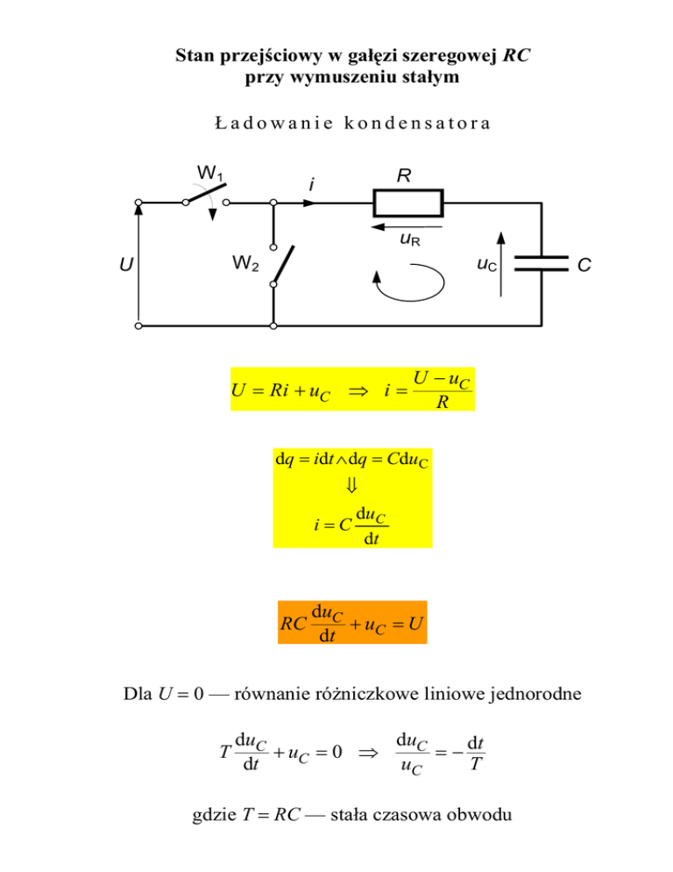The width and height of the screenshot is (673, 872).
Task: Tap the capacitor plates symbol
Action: click(x=542, y=263)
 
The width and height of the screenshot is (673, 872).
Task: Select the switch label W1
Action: click(x=209, y=173)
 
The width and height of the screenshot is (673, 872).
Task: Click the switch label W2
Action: click(x=245, y=262)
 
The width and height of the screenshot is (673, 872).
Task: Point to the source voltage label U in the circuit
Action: click(x=126, y=264)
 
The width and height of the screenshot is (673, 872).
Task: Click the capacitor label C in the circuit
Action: click(x=584, y=265)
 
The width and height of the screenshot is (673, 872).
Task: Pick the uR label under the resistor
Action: click(x=410, y=239)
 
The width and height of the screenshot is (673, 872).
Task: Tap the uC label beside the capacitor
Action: click(x=487, y=264)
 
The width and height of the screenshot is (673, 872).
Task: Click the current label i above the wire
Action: click(x=312, y=184)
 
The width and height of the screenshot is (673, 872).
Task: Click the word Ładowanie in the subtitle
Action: click(x=274, y=123)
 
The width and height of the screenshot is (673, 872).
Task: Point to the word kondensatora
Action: click(x=417, y=123)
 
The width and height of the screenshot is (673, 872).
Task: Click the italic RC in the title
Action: click(x=516, y=55)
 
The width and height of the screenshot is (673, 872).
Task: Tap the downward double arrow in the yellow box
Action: click(x=351, y=485)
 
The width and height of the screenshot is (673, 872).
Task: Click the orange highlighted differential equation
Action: click(x=352, y=622)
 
